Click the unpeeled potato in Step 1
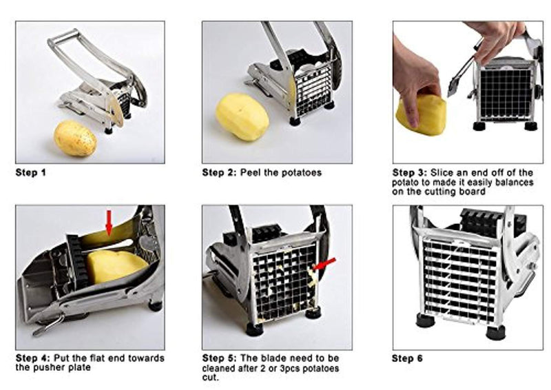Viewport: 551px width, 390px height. (74, 138)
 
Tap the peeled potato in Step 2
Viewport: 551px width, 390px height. (242, 116)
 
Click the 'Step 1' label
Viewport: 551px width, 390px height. (30, 172)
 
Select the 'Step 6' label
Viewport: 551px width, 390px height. (407, 358)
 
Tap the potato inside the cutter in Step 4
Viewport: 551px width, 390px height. (116, 265)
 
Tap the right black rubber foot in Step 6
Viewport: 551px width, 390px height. (495, 331)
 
